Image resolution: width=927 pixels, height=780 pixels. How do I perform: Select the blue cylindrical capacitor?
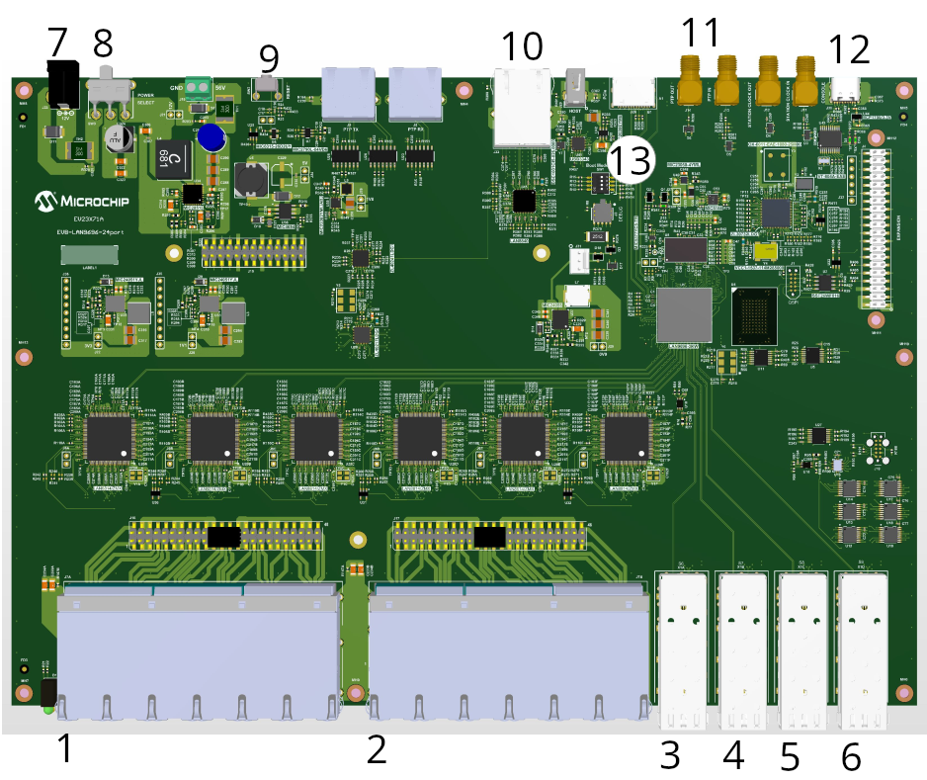pos(209,136)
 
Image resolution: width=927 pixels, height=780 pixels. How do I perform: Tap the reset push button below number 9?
pos(266,90)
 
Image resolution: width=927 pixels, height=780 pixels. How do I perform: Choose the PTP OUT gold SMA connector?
pos(689,78)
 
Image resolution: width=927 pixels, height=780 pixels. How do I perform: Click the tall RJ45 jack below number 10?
pos(521,108)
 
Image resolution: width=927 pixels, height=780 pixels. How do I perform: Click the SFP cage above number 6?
pos(862,648)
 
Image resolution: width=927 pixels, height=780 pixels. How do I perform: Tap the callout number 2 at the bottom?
pos(377,751)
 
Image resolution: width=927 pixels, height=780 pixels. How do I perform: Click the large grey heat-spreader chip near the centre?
pos(684,315)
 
